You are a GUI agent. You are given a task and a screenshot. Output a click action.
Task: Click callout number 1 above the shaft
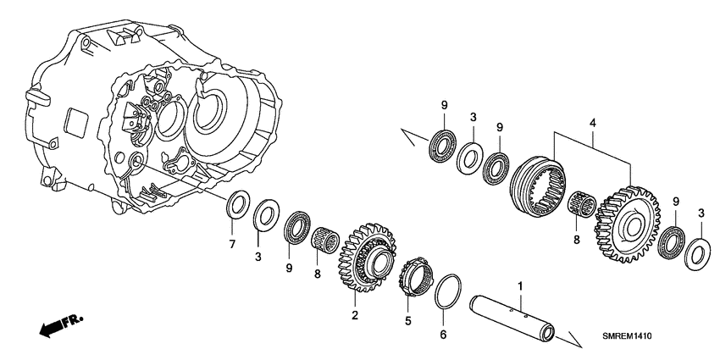(520, 287)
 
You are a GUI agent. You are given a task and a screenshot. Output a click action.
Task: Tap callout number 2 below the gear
(355, 315)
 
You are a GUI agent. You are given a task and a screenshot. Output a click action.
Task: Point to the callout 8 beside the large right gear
(575, 240)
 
